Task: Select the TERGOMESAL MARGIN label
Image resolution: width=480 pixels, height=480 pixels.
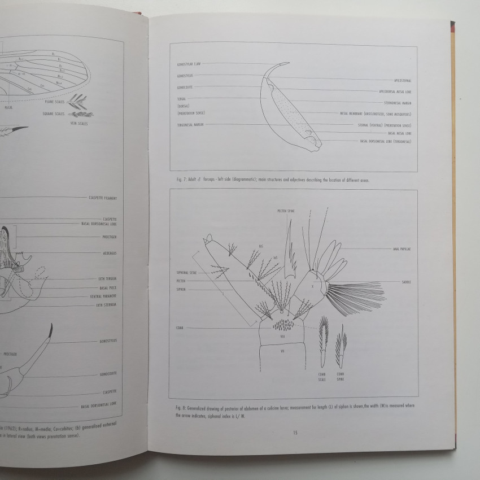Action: click(x=190, y=124)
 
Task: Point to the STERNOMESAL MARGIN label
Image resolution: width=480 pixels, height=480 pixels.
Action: click(x=396, y=102)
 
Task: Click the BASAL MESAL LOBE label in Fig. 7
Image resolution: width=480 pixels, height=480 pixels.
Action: click(x=399, y=133)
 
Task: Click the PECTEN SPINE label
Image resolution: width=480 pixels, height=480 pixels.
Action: click(x=286, y=211)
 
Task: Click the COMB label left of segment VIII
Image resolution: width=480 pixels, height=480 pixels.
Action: click(x=179, y=328)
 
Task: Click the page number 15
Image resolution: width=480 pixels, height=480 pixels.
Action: click(x=295, y=433)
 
